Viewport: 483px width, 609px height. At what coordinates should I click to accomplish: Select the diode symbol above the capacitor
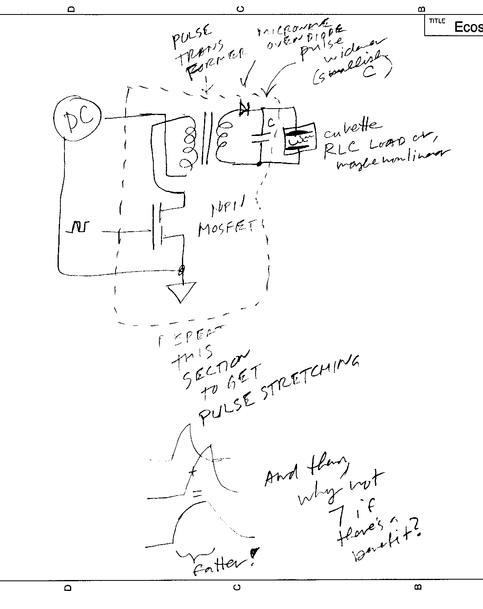(244, 107)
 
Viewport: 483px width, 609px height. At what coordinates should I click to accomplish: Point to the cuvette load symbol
(299, 140)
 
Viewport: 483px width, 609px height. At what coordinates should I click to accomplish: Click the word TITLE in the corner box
(437, 21)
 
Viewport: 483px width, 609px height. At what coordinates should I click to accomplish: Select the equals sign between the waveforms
(197, 493)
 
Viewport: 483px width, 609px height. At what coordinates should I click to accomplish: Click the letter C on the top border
(241, 9)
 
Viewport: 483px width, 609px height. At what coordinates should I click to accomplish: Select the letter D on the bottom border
(68, 588)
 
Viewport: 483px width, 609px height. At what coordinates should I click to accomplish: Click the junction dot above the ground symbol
(182, 269)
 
